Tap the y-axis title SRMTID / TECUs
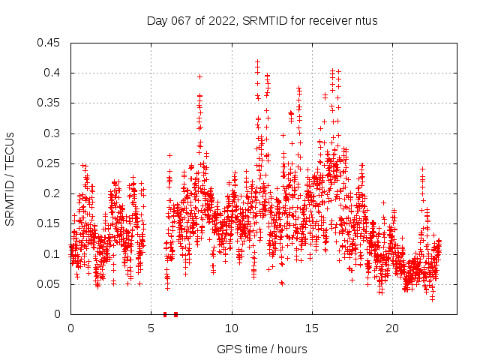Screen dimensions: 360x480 (x=10, y=178)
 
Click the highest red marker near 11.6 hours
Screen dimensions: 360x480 (x=257, y=62)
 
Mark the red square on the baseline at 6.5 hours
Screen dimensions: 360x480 (x=175, y=314)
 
